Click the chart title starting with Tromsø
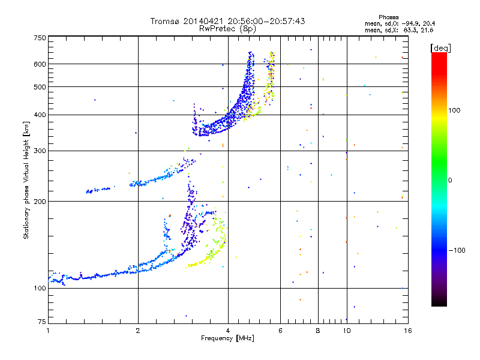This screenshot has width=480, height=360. click(x=227, y=21)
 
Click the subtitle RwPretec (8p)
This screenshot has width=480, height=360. click(x=227, y=28)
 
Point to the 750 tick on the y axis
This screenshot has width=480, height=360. click(x=40, y=37)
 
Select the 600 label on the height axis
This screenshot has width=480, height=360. click(x=40, y=64)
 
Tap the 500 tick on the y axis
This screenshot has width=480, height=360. click(x=40, y=87)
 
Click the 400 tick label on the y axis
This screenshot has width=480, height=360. click(x=40, y=115)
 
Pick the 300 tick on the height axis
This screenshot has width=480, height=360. click(x=40, y=151)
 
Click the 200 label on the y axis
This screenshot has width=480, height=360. click(x=40, y=201)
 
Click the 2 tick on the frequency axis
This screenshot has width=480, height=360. click(x=138, y=331)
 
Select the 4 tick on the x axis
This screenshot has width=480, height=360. click(x=228, y=331)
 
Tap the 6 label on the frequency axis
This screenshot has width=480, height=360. click(x=280, y=331)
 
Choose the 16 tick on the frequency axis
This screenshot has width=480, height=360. click(x=407, y=331)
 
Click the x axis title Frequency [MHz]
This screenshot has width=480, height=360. click(x=227, y=339)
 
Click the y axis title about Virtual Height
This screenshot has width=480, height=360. click(x=26, y=180)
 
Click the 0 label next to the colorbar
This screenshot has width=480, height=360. click(x=451, y=180)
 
